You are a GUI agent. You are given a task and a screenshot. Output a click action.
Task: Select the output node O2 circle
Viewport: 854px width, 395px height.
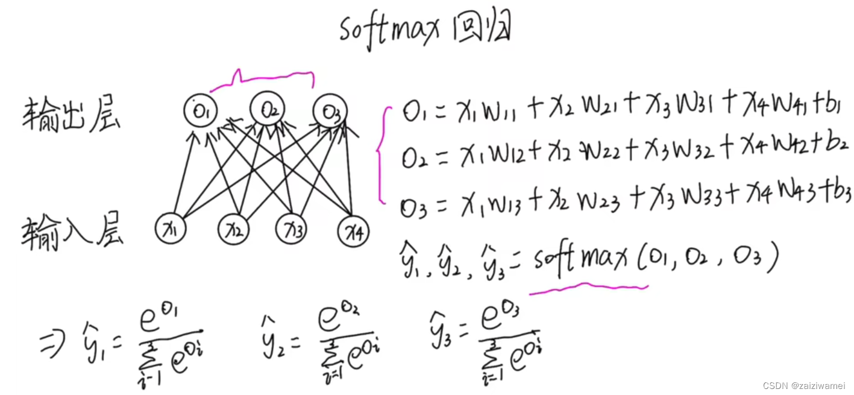pos(268,109)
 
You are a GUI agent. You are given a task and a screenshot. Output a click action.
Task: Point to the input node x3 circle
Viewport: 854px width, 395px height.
pos(292,229)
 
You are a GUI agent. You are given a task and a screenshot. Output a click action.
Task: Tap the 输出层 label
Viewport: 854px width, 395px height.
pos(71,115)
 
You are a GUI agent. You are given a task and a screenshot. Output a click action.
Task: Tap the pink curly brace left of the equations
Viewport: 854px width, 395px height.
pos(381,154)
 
